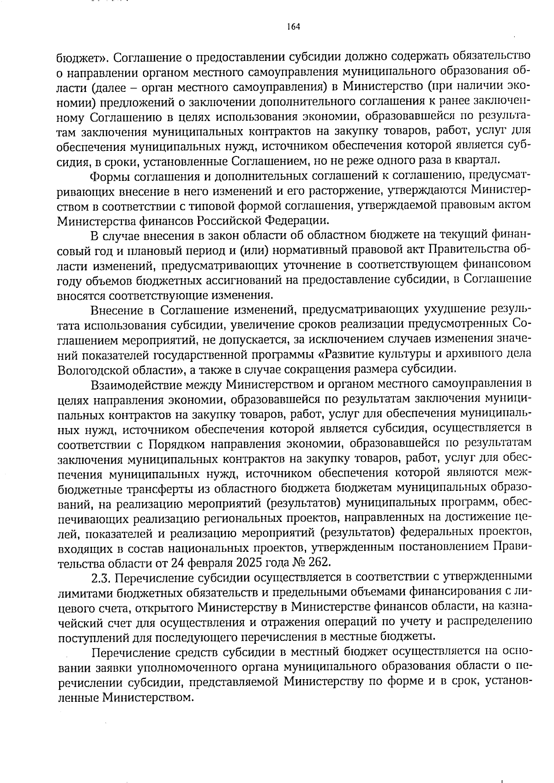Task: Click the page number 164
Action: point(293,26)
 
